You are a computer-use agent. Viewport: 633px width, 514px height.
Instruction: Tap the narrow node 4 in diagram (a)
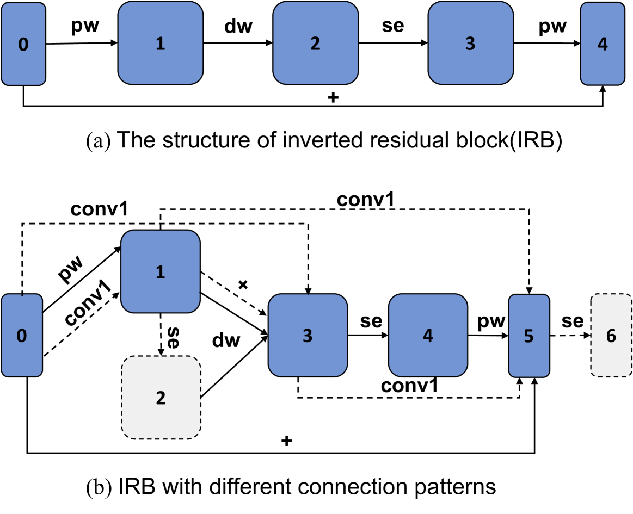point(601,44)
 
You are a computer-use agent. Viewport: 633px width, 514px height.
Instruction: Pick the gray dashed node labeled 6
point(611,336)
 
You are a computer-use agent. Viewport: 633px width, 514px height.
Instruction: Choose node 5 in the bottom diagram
point(528,336)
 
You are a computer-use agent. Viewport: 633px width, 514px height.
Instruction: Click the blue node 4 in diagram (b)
point(428,336)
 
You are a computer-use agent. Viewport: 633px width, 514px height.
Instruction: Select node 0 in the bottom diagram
point(21,336)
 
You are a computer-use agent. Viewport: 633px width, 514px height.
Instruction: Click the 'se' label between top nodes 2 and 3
point(392,26)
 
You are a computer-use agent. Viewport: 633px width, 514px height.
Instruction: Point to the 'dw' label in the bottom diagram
point(226,340)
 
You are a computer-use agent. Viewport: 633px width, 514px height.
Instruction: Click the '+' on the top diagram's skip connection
point(333,98)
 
